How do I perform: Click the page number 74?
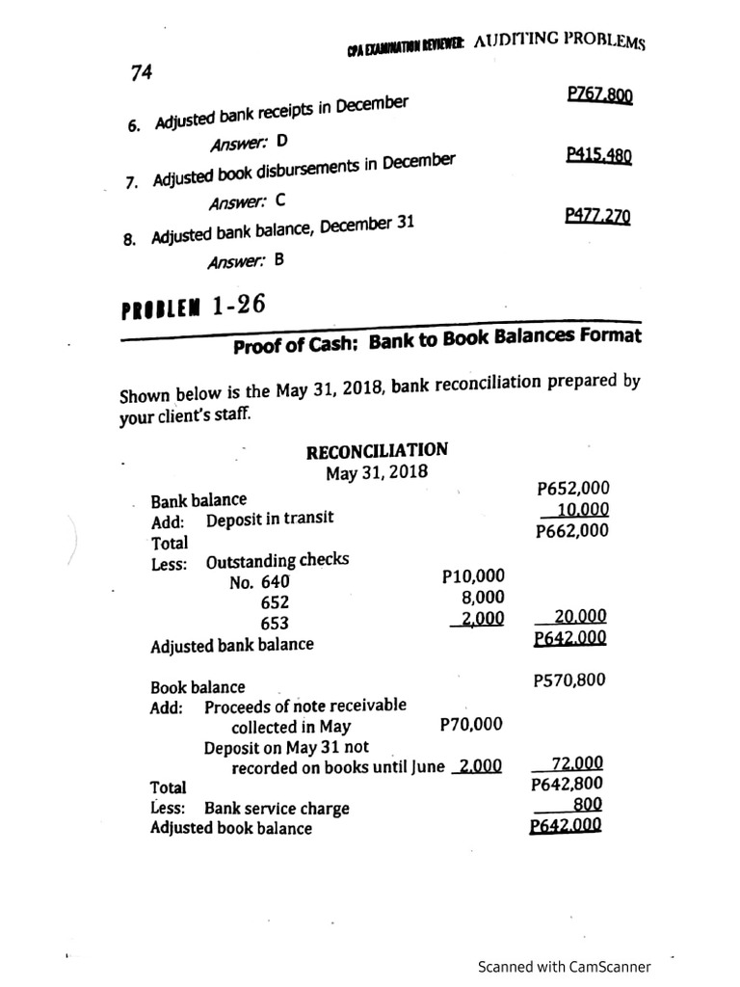click(x=141, y=72)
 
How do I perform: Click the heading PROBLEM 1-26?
click(x=193, y=308)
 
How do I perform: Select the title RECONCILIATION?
click(x=376, y=451)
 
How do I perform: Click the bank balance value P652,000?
click(x=572, y=489)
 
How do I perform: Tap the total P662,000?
click(x=572, y=531)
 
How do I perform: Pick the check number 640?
click(x=274, y=581)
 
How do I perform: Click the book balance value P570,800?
click(x=569, y=680)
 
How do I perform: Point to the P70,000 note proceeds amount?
click(x=470, y=724)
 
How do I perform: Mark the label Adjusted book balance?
click(x=231, y=828)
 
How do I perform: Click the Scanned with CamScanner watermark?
click(x=564, y=967)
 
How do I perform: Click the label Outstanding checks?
click(x=277, y=561)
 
